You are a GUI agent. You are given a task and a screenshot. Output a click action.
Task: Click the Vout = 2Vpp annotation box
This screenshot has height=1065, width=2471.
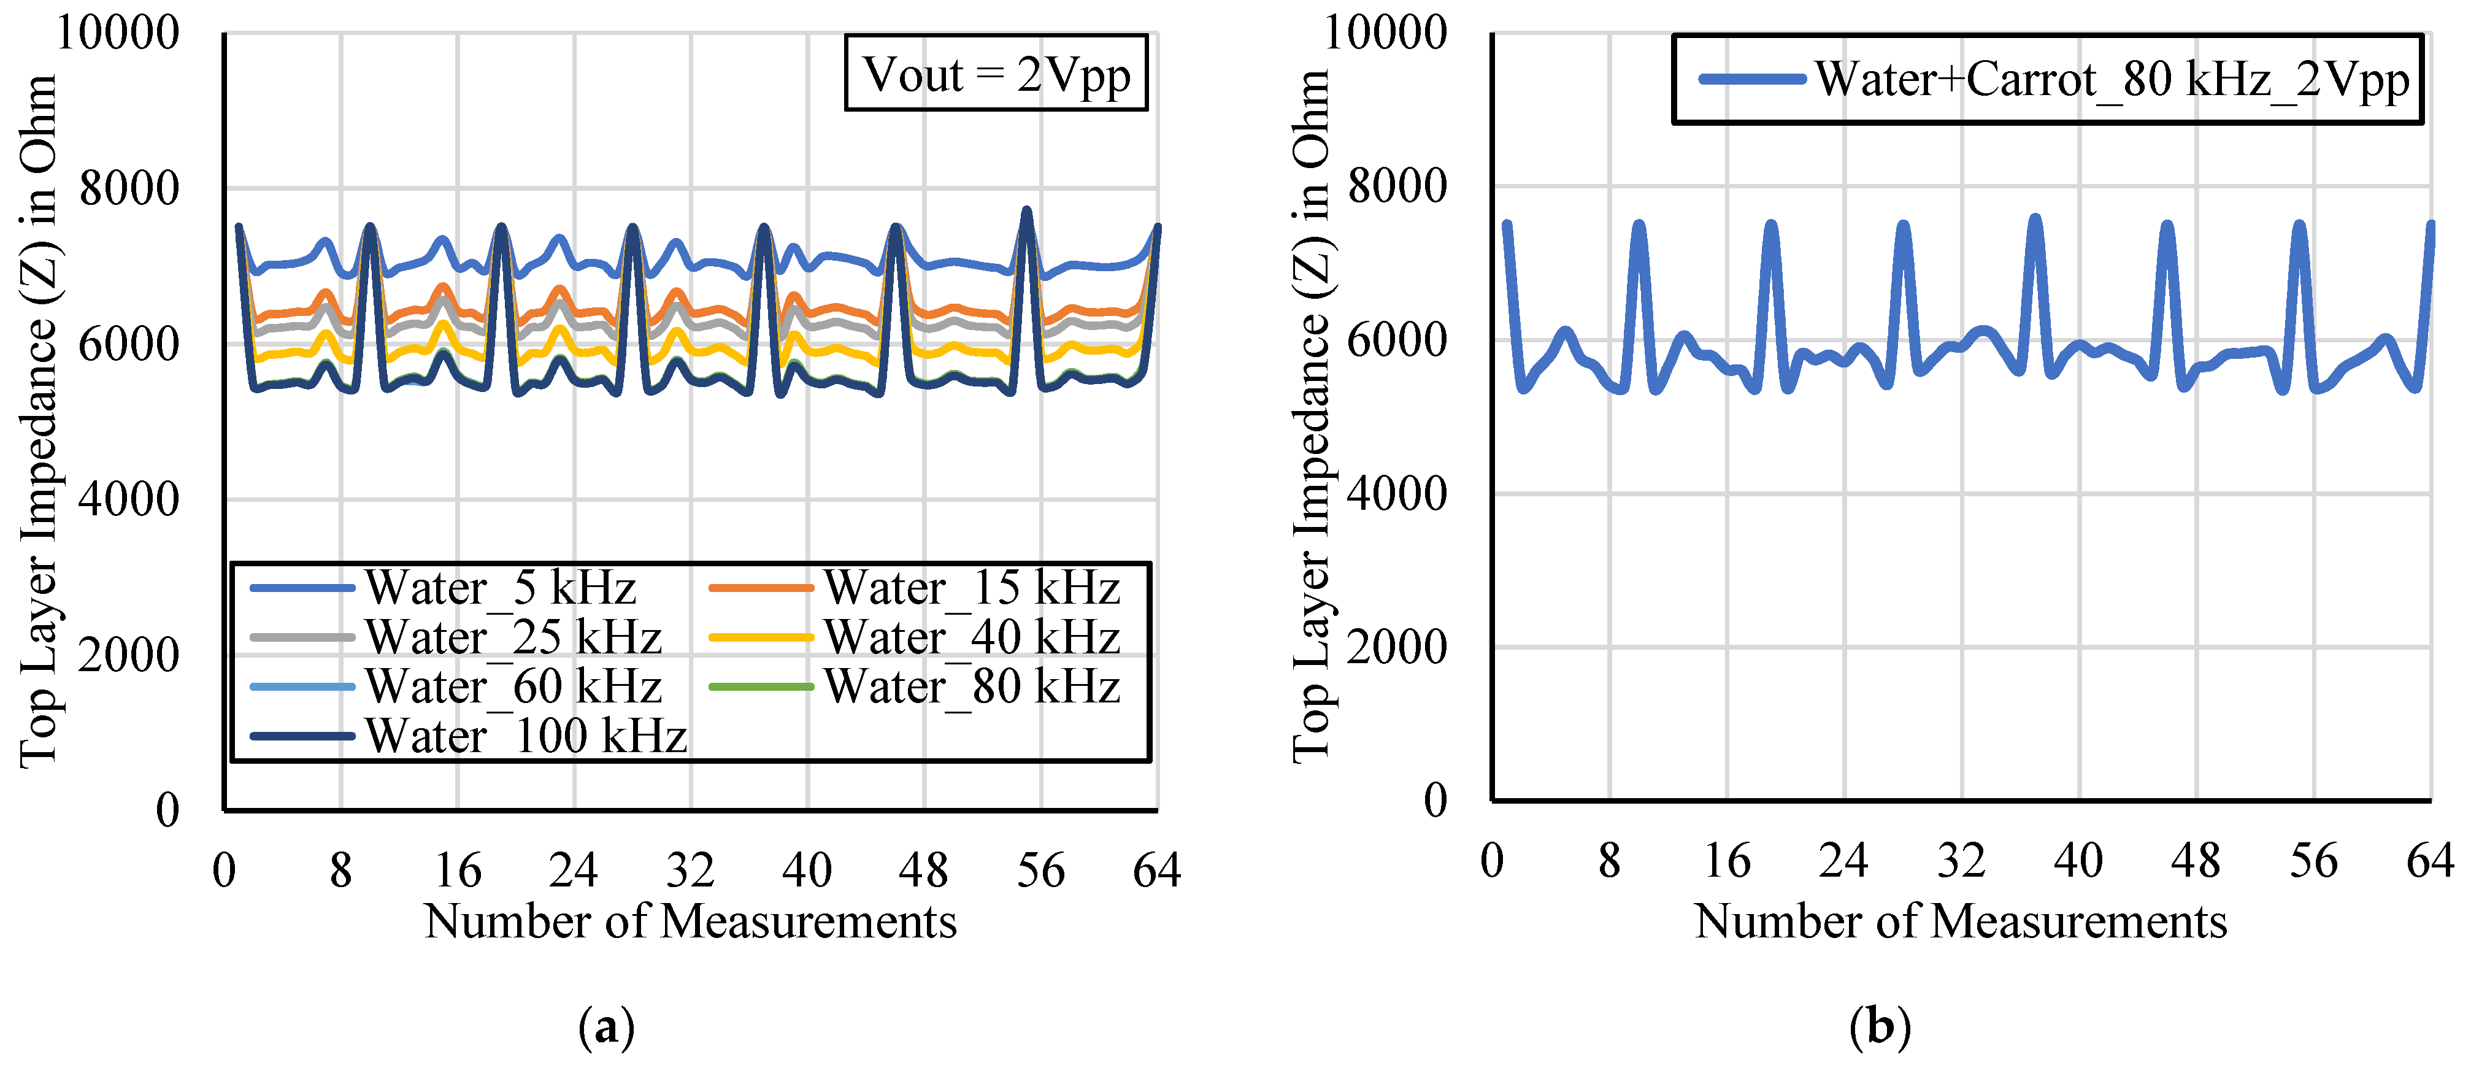coord(996,74)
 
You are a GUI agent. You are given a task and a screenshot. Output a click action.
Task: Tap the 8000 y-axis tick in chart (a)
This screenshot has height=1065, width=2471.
coord(129,188)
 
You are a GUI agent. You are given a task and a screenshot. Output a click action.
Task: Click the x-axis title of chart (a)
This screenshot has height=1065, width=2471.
coord(690,921)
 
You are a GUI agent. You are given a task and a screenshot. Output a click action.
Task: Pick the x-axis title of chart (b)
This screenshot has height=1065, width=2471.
coord(1960,921)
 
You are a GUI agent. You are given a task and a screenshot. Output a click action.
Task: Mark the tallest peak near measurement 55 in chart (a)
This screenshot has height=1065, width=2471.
coord(1026,210)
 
